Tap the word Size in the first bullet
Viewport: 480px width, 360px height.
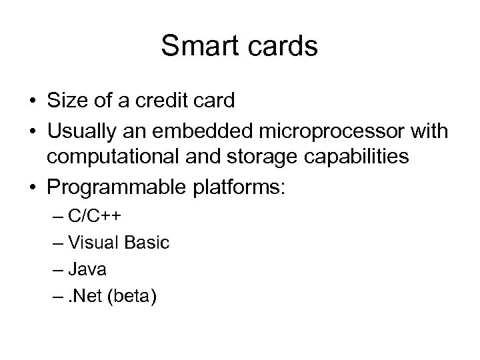click(x=65, y=101)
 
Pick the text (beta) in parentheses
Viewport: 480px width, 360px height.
click(x=136, y=296)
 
